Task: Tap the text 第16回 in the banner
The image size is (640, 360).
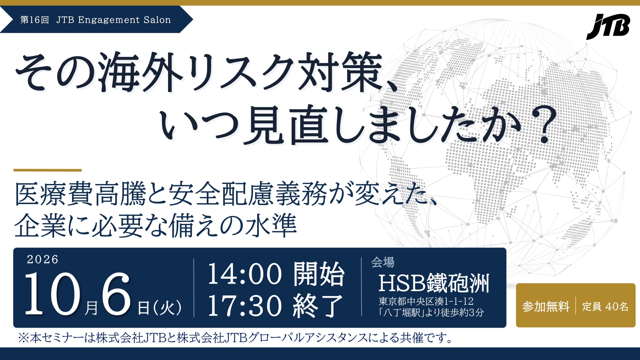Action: (34, 20)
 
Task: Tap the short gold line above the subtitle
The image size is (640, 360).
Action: (48, 170)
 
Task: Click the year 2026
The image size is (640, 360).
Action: (42, 260)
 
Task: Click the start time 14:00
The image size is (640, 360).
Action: (245, 274)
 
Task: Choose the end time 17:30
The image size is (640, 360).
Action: (245, 306)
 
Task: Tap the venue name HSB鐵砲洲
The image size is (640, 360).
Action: (434, 283)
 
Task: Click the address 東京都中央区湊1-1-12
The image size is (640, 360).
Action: (426, 301)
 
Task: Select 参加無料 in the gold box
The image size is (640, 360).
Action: (546, 306)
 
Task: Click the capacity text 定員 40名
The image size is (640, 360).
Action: (605, 306)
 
